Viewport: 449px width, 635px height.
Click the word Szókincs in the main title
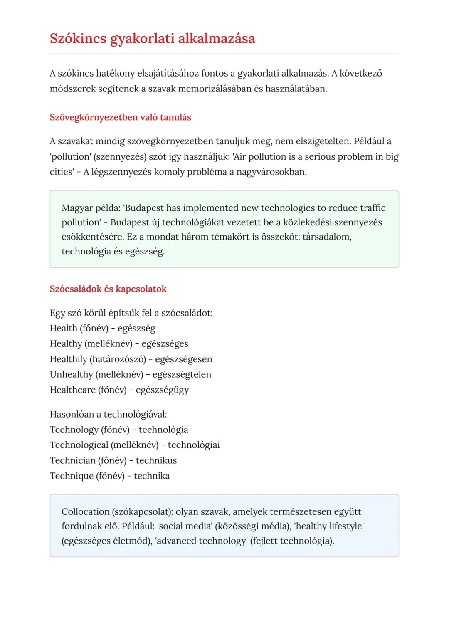78,39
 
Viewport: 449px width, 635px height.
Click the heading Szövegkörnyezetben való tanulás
120,117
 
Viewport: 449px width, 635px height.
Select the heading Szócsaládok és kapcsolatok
108,289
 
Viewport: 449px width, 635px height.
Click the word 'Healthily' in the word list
68,359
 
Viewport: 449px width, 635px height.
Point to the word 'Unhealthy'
71,375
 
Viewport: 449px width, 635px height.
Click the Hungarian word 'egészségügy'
162,390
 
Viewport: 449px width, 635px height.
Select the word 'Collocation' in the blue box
85,512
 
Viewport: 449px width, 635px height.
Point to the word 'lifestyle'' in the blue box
346,526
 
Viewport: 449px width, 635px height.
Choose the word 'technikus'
156,461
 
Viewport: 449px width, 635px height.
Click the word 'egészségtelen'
182,375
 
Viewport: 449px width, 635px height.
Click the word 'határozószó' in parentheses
118,359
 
